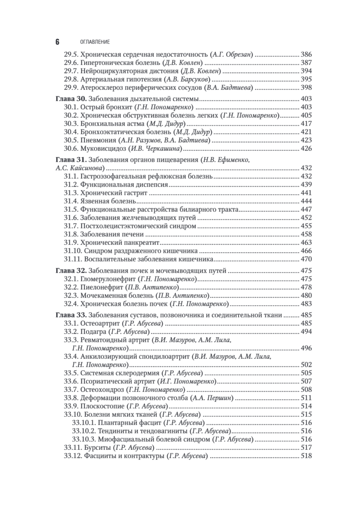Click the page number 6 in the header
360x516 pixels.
(x=58, y=42)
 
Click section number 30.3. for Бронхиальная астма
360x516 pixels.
(x=71, y=123)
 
